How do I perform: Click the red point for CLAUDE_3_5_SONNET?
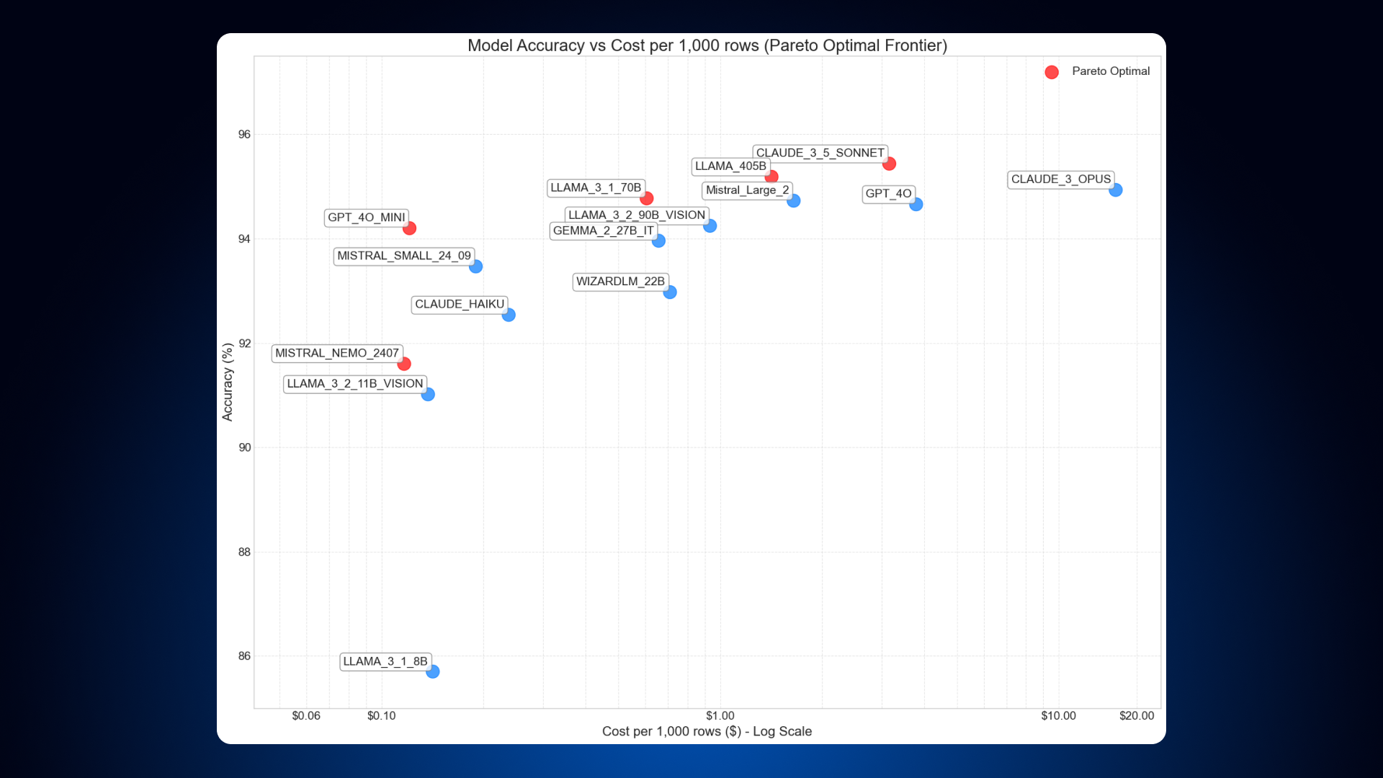coord(889,164)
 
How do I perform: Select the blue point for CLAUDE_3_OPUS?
coord(1115,190)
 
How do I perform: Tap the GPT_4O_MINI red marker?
coord(409,228)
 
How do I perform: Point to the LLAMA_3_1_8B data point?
coord(432,671)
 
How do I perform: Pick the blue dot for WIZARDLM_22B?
coord(670,292)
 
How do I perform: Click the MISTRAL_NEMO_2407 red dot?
coord(404,364)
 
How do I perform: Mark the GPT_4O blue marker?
coord(916,205)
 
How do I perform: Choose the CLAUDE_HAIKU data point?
coord(509,315)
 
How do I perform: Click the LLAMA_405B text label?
coord(730,166)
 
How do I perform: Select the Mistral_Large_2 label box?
coord(747,190)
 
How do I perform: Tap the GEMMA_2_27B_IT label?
coord(603,231)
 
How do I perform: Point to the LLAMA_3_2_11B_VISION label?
coord(354,384)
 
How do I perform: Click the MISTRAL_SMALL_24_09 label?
coord(403,256)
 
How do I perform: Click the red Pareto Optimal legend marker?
coord(1052,72)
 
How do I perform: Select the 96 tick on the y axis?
coord(245,135)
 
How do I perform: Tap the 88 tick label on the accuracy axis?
coord(245,552)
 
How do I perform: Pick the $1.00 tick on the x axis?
coord(720,715)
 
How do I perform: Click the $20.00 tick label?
coord(1136,715)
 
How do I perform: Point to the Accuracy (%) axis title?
coord(228,382)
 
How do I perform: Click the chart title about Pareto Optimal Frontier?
coord(707,45)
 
